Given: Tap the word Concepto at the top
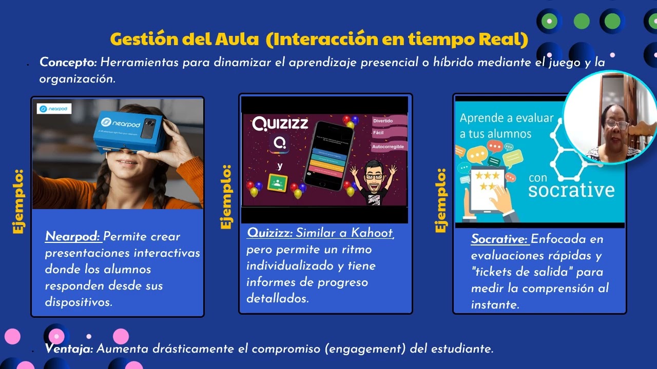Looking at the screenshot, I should [68, 63].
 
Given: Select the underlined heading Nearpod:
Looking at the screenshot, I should [73, 237].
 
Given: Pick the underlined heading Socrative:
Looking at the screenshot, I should [499, 239].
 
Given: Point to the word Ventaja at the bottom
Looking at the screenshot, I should [69, 349].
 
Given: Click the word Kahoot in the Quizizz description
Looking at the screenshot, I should [372, 233].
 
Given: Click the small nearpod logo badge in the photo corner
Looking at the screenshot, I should [54, 109].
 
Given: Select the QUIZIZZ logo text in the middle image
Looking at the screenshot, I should [280, 124].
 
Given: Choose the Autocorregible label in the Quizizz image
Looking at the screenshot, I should [389, 147].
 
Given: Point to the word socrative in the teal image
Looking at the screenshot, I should [571, 190].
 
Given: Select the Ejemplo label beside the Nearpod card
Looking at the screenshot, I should [18, 201].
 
